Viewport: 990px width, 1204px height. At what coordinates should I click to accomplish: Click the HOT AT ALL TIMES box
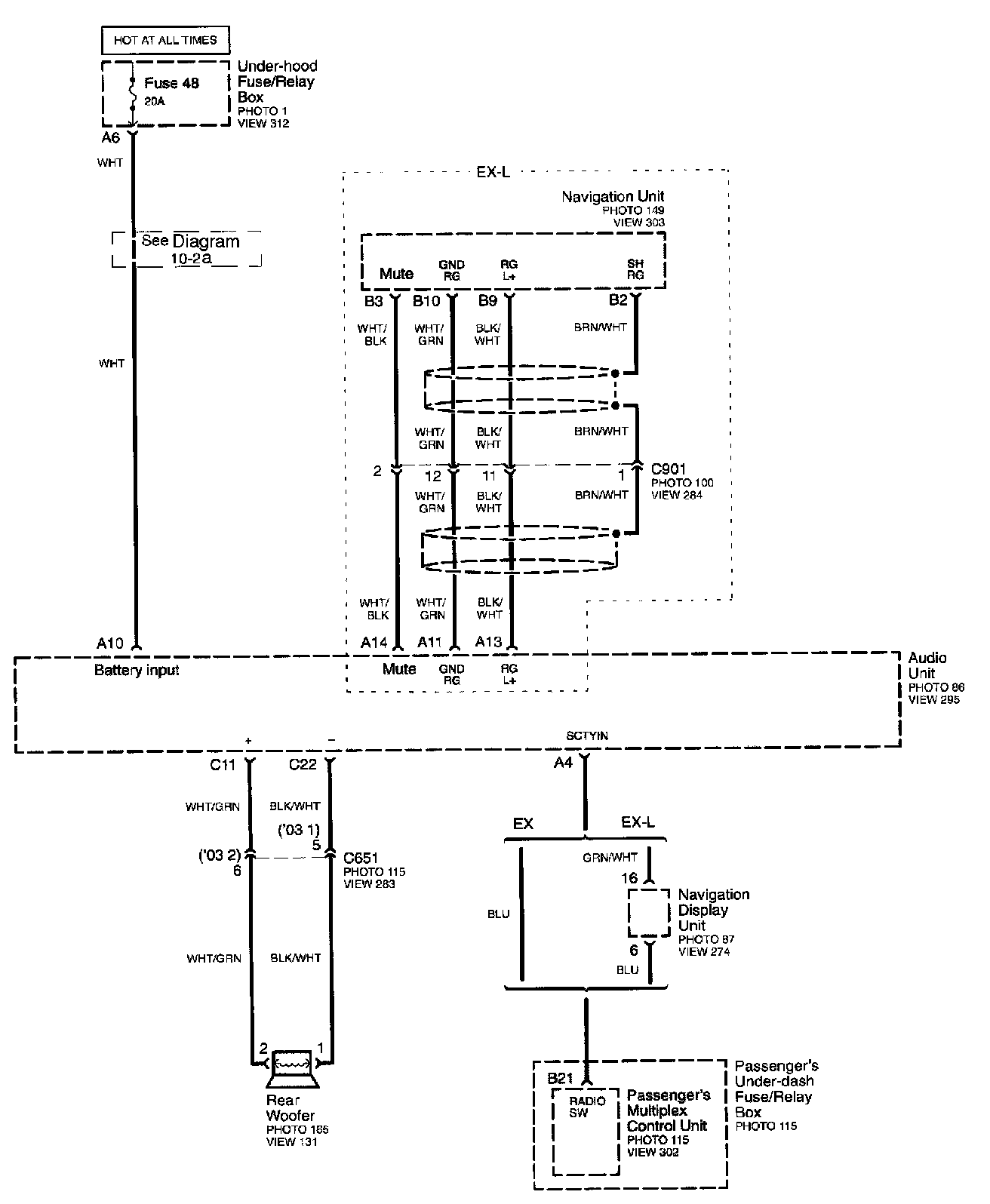(165, 40)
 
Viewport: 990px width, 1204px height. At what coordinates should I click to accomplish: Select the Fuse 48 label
(171, 84)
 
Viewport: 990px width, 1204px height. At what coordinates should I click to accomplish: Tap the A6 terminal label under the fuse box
(110, 138)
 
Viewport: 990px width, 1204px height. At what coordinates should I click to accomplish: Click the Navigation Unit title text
(612, 197)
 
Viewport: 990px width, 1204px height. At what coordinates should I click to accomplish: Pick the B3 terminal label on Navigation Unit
(374, 302)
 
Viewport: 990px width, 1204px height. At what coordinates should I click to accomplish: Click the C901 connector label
(669, 469)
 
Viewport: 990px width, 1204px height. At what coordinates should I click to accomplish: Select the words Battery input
(137, 670)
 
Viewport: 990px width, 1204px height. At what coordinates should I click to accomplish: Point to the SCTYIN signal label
(587, 736)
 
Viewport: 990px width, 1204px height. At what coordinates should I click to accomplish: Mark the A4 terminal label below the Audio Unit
(563, 763)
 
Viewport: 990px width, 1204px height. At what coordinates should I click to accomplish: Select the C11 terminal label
(223, 764)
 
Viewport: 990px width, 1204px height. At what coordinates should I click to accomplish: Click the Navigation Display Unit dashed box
(648, 913)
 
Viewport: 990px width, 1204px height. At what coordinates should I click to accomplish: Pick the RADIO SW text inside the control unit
(587, 1107)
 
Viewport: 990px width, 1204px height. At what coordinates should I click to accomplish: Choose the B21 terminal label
(561, 1078)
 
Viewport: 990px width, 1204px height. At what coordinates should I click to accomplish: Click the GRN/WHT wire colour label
(610, 857)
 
